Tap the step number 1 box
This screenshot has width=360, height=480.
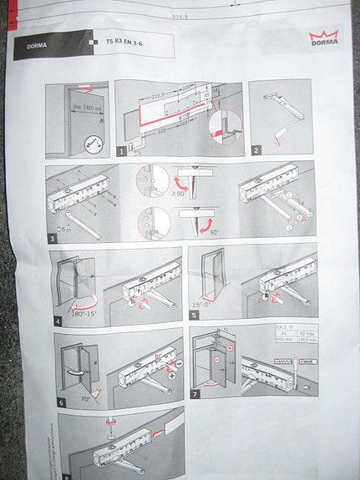[x=122, y=152]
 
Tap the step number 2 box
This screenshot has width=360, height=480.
[x=257, y=150]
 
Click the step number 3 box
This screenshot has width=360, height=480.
[x=52, y=239]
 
